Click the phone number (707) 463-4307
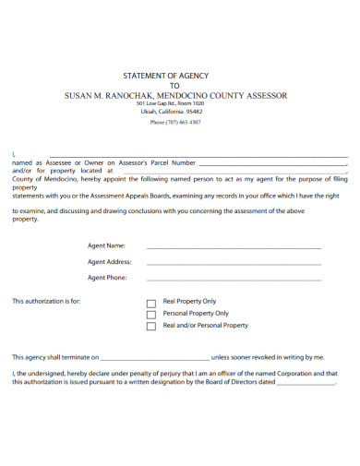click(181, 122)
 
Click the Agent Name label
click(106, 246)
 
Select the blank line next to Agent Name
click(234, 248)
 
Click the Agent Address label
click(110, 262)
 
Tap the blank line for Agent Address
click(234, 264)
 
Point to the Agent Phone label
click(107, 277)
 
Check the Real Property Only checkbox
click(151, 303)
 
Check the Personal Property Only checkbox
click(151, 315)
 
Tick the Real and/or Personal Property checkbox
click(151, 327)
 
